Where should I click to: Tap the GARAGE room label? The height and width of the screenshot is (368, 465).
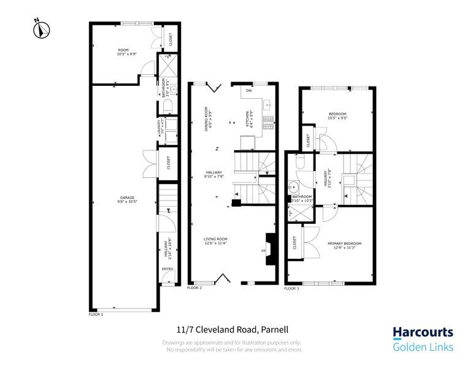click(x=128, y=199)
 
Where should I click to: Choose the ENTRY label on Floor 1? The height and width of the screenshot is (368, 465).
click(x=167, y=269)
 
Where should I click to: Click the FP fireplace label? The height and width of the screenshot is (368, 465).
click(x=263, y=251)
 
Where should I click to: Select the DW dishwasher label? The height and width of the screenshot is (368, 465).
click(x=248, y=91)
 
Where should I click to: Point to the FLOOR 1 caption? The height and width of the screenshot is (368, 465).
click(x=96, y=314)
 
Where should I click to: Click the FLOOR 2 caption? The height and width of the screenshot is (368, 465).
click(x=194, y=287)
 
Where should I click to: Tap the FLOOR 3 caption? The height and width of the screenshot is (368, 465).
click(x=291, y=288)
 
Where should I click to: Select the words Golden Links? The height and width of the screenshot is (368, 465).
click(x=423, y=347)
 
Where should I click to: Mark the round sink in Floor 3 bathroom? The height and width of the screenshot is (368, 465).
click(x=294, y=188)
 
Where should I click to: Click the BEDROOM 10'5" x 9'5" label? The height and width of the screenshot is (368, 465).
click(x=338, y=116)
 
